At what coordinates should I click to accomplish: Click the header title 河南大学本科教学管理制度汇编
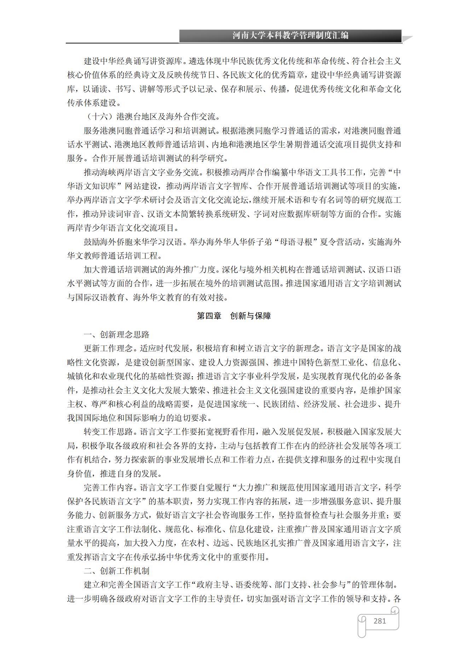[x=290, y=36]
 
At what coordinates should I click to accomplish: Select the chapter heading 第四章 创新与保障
[x=234, y=316]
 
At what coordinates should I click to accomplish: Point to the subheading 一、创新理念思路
[x=116, y=335]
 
